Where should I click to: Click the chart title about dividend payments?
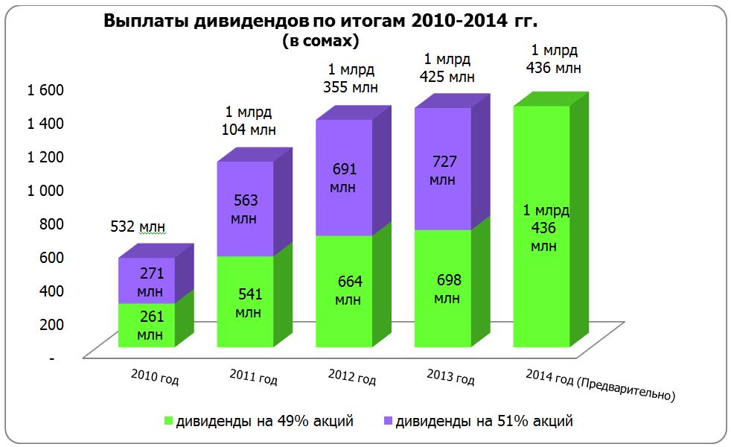320,21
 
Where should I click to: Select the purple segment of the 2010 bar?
147,280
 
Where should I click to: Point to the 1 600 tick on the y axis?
46,90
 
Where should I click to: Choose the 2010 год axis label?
155,376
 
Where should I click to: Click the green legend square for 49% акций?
168,422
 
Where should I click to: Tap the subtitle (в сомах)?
320,41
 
